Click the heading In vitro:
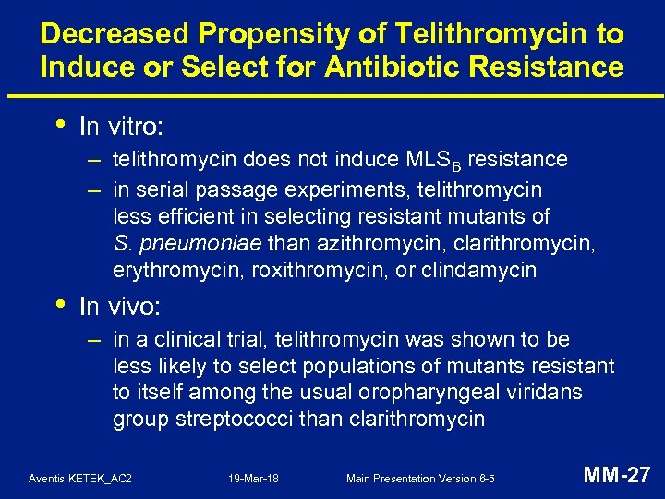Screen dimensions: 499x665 click(x=123, y=126)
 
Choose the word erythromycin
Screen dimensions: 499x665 click(x=168, y=270)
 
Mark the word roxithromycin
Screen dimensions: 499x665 click(x=288, y=270)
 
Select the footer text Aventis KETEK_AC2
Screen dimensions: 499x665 click(x=80, y=478)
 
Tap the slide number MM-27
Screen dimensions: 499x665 click(x=617, y=476)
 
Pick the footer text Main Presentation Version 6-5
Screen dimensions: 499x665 click(x=420, y=478)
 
